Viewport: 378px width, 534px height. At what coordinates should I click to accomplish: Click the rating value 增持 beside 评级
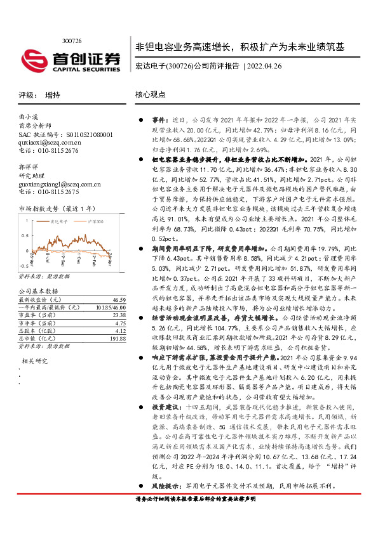[53, 95]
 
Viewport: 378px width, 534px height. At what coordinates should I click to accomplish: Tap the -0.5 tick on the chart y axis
[23, 266]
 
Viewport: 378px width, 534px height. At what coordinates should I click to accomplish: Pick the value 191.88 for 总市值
[118, 339]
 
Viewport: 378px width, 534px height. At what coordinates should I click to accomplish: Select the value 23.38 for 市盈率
[119, 315]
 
